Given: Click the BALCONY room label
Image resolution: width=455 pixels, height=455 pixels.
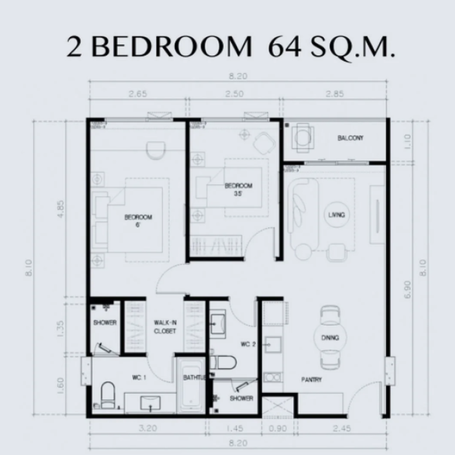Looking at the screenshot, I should coord(350,139).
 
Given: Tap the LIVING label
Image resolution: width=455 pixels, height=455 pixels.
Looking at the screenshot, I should coord(337,215).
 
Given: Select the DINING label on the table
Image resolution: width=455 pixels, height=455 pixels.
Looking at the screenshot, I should coord(330,338).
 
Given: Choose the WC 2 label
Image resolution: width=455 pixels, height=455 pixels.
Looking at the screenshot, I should coord(249,343).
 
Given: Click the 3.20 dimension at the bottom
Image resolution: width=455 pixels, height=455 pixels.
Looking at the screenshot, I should coord(145,428).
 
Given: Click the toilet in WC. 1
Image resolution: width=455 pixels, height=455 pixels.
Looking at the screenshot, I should coord(107,395).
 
